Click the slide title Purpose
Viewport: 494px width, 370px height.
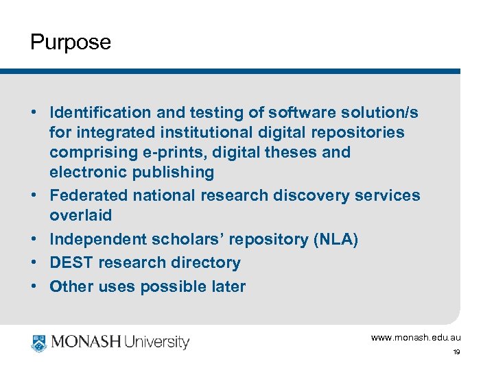pyautogui.click(x=70, y=42)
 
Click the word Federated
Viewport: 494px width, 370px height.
pyautogui.click(x=89, y=195)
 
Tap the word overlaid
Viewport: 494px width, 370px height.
pyautogui.click(x=80, y=215)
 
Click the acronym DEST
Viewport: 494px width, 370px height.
pyautogui.click(x=71, y=262)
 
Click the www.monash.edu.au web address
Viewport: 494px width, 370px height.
pyautogui.click(x=416, y=338)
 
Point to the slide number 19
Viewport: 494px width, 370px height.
pyautogui.click(x=456, y=352)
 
